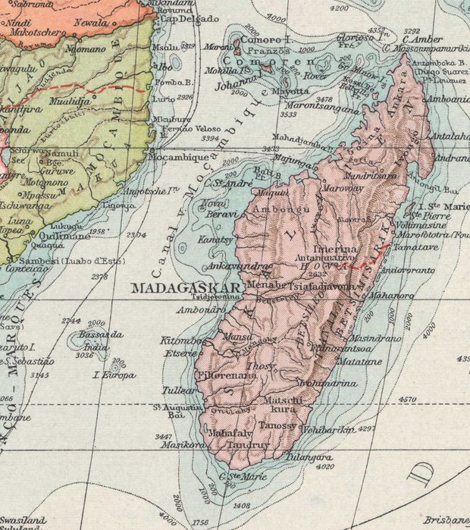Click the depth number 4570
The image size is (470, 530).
408,398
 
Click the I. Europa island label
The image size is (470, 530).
114,375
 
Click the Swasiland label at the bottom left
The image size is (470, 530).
22,520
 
